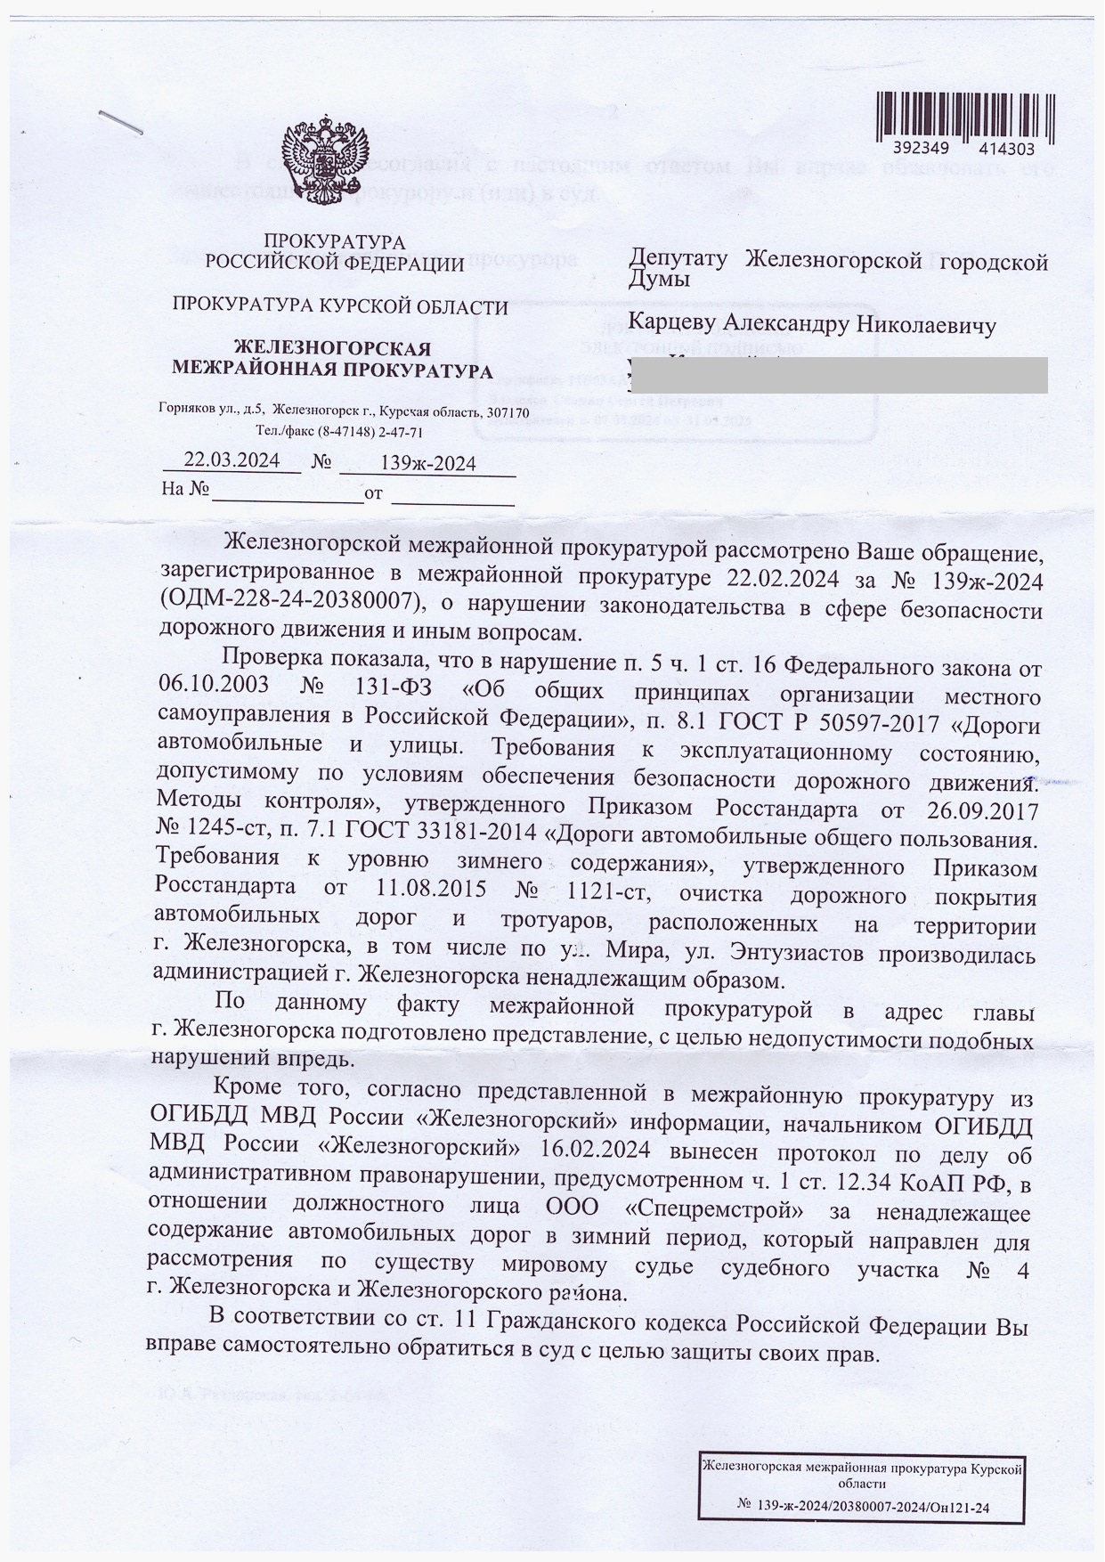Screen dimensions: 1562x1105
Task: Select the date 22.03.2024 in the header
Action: [x=232, y=460]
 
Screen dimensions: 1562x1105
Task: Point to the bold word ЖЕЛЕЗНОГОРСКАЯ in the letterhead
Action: [x=331, y=348]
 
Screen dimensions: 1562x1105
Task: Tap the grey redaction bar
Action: [x=837, y=375]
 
